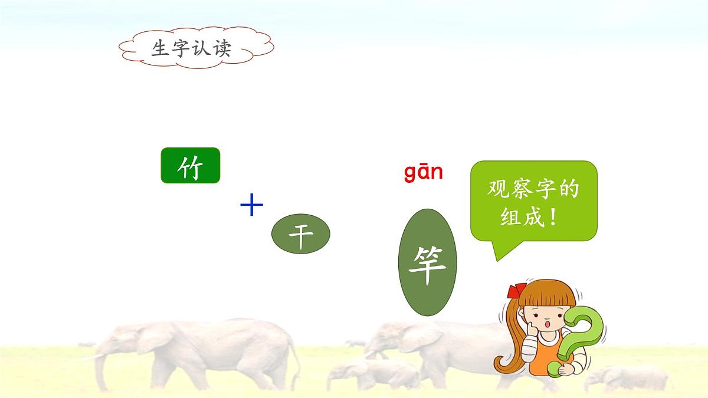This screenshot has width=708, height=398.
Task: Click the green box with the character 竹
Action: pyautogui.click(x=190, y=166)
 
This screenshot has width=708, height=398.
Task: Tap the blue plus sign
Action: pyautogui.click(x=252, y=206)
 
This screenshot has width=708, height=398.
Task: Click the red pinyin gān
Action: pyautogui.click(x=423, y=172)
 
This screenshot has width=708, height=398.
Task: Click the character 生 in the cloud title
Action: pyautogui.click(x=161, y=48)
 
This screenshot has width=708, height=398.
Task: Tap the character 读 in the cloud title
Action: pyautogui.click(x=221, y=48)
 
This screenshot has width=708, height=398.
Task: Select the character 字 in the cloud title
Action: pyautogui.click(x=181, y=48)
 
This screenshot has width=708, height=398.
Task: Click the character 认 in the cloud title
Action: pyautogui.click(x=201, y=48)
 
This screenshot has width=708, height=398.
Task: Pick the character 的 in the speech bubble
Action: pyautogui.click(x=568, y=190)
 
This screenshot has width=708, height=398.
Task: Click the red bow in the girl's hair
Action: pyautogui.click(x=517, y=291)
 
